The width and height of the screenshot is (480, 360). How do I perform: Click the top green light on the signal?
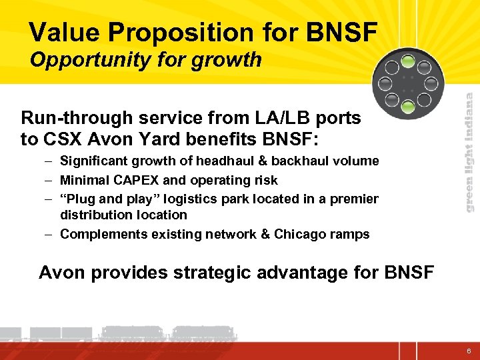[x=408, y=65]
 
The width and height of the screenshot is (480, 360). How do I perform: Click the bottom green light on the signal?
[x=408, y=104]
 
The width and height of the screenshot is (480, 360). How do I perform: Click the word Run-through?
[x=77, y=119]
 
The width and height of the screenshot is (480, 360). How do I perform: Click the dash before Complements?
[x=51, y=234]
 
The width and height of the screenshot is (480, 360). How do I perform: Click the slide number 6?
[x=469, y=351]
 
